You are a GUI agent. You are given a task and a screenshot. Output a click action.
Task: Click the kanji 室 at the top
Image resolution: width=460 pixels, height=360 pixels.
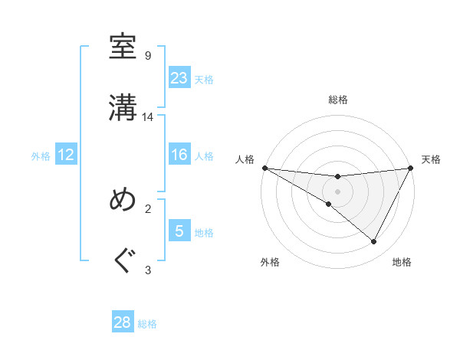point(123,47)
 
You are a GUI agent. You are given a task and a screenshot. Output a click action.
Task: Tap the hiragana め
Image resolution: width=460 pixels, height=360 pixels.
point(123,199)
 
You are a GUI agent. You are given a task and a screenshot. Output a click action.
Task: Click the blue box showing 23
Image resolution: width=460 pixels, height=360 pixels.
point(179,78)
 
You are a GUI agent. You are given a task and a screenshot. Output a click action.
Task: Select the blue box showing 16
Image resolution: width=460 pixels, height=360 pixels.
point(179,155)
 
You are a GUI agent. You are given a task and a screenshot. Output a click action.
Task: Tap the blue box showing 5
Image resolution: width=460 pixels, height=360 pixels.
point(179,231)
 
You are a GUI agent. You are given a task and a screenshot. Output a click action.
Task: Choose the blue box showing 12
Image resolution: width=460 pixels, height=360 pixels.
point(66,155)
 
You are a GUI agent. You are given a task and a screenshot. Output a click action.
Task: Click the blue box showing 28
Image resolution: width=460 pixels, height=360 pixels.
point(123,322)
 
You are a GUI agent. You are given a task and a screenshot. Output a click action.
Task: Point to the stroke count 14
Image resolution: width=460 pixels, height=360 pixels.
point(148,117)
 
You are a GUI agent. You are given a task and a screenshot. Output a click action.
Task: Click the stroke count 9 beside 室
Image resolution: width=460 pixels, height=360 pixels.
point(148,56)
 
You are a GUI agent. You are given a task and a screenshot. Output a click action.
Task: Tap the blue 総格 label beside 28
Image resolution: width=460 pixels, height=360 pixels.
point(148,324)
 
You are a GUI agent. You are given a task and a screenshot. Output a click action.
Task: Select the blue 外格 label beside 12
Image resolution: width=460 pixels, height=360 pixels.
point(41,156)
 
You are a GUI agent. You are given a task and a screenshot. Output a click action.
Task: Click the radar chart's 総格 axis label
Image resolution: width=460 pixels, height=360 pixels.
point(338,100)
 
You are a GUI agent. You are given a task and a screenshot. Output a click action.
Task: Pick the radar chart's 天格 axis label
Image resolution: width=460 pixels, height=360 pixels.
point(432,159)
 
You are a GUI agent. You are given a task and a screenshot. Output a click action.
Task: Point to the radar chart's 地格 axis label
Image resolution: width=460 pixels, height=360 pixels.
point(402,262)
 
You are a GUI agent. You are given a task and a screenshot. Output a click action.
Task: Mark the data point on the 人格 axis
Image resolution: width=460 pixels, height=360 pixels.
point(264,167)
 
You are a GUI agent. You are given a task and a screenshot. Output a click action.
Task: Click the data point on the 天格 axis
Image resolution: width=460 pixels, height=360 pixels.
point(412,167)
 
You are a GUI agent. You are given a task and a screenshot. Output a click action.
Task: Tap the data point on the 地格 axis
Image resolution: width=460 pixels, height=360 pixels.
point(374,241)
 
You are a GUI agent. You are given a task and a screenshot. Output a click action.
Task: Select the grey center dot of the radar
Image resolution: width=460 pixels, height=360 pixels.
point(338,191)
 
